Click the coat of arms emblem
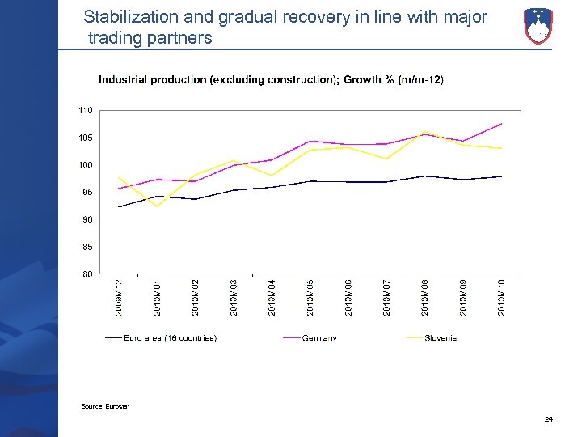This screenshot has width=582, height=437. (x=538, y=26)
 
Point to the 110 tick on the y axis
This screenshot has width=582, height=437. (x=86, y=110)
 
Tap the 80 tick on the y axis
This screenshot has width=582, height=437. (x=86, y=274)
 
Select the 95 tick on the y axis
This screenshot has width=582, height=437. (x=86, y=192)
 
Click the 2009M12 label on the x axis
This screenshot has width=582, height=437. (x=119, y=297)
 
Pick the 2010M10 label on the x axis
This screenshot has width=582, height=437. (x=501, y=297)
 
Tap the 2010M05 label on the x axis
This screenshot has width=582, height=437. (x=310, y=297)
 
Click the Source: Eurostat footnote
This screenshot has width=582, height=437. (x=105, y=406)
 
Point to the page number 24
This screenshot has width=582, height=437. (x=549, y=419)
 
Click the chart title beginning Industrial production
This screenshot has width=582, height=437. (x=271, y=79)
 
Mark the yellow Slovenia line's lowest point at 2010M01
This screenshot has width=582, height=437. (x=157, y=206)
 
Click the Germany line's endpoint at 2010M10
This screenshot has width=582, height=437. (x=502, y=124)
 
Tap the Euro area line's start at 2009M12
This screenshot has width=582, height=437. (x=119, y=207)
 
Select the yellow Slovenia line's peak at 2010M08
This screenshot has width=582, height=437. (x=425, y=132)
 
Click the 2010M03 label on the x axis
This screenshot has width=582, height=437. (x=234, y=297)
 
